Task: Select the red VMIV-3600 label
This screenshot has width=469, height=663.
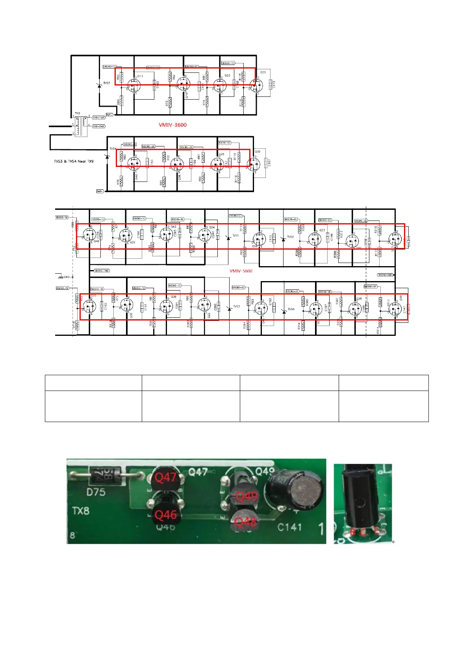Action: click(172, 125)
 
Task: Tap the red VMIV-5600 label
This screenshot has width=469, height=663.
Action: click(241, 271)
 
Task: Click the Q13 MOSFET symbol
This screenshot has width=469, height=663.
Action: click(133, 83)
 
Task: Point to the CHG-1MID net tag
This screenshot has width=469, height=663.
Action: click(99, 117)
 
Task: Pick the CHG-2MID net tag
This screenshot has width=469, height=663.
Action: click(99, 126)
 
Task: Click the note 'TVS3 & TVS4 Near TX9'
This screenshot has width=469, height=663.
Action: click(74, 161)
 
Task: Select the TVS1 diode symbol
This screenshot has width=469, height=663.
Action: click(228, 237)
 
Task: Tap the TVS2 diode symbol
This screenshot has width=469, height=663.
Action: click(283, 239)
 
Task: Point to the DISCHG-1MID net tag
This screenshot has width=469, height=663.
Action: click(102, 271)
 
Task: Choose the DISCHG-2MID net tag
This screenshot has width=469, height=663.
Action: click(385, 275)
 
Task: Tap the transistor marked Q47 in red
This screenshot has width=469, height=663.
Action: click(165, 478)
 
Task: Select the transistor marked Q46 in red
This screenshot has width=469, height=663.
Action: click(165, 514)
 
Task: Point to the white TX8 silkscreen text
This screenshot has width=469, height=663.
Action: click(81, 511)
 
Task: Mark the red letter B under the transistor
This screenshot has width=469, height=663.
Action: click(353, 532)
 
